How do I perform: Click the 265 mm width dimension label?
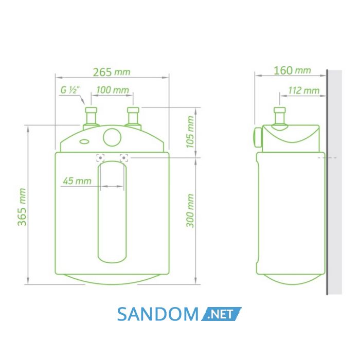(112, 73)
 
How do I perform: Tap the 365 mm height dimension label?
(22, 207)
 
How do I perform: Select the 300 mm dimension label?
(190, 211)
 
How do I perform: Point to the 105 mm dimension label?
(190, 132)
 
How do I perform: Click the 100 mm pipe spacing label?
(113, 90)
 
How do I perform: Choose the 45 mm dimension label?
(77, 181)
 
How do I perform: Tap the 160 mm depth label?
(292, 70)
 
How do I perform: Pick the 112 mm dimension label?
(303, 91)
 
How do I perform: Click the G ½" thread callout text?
(70, 90)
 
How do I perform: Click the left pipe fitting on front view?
(91, 118)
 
